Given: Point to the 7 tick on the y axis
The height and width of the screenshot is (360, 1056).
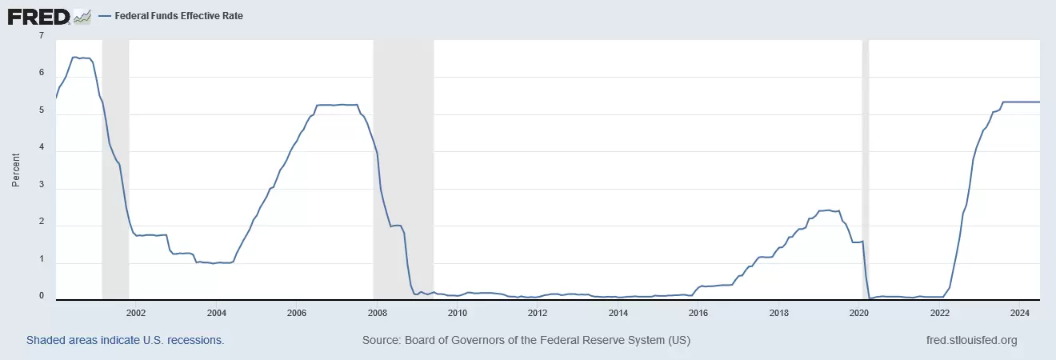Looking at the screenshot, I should pyautogui.click(x=41, y=35).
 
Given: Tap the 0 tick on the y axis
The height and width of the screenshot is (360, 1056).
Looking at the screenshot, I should pyautogui.click(x=41, y=295).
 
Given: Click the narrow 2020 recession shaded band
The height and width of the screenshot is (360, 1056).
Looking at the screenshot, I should pyautogui.click(x=865, y=168).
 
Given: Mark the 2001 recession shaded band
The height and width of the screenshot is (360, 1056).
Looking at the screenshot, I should pyautogui.click(x=115, y=168).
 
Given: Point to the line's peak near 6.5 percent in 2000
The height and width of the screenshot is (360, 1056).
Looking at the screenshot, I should pyautogui.click(x=74, y=57).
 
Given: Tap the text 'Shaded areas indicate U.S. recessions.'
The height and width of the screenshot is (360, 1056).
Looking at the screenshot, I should pyautogui.click(x=126, y=340).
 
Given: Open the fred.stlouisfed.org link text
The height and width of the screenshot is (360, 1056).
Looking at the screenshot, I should pyautogui.click(x=970, y=340).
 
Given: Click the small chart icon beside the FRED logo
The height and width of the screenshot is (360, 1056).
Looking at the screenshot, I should pyautogui.click(x=82, y=16).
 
